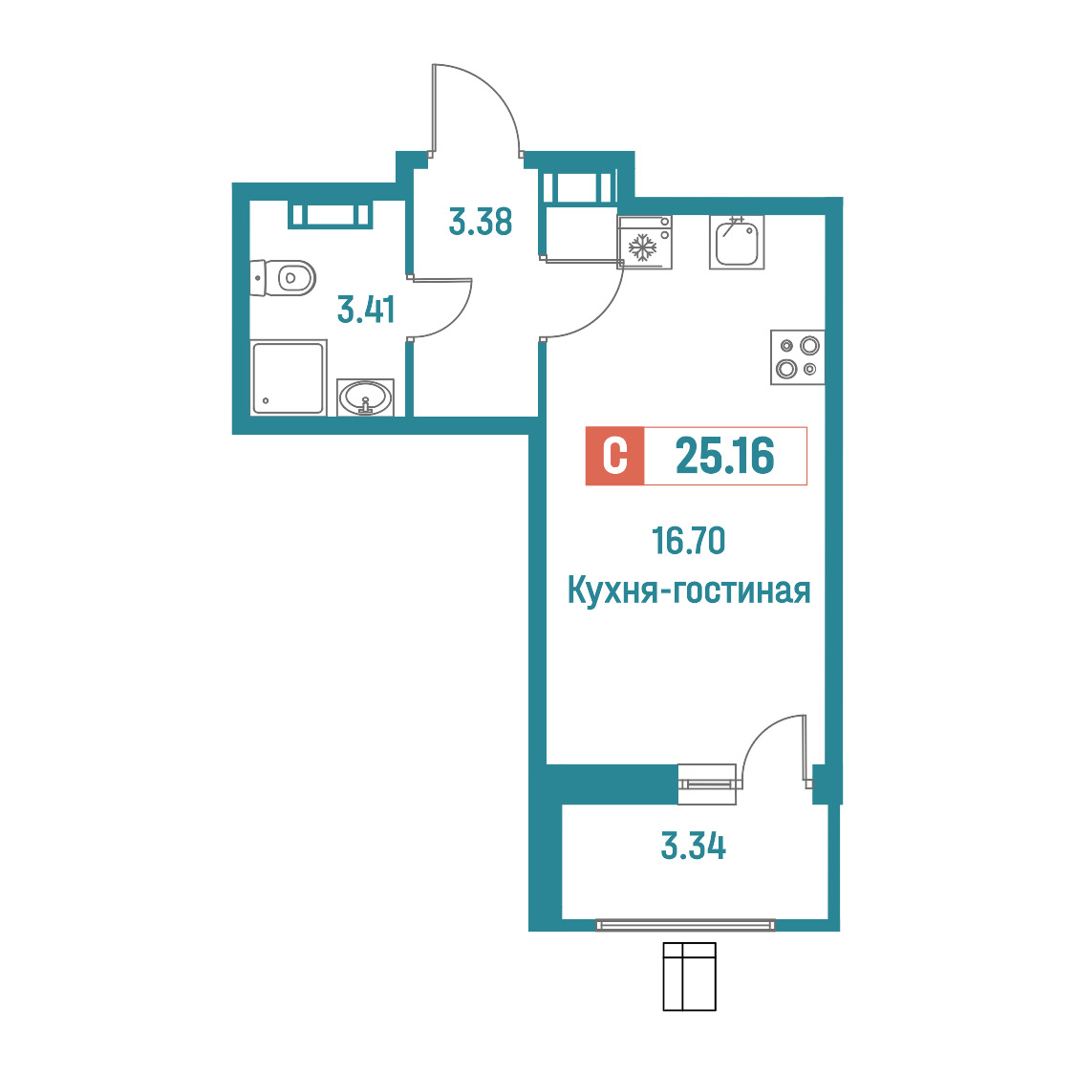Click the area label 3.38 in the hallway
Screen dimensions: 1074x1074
pos(481,222)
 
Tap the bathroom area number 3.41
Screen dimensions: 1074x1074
pos(366,310)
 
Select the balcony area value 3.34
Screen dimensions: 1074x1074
pos(693,846)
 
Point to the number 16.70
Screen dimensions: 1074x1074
pos(688,541)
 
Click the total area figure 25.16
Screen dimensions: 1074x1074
pos(724,456)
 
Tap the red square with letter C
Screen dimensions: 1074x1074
pos(614,456)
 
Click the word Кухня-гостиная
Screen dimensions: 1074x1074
pos(689,590)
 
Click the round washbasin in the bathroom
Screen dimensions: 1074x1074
pos(366,397)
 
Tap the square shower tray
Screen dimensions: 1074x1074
pos(288,378)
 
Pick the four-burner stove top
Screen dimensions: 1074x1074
pos(797,356)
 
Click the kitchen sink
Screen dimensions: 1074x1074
pos(737,243)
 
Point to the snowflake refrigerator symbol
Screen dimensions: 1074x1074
pos(642,247)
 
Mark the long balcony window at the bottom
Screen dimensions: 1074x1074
pos(686,925)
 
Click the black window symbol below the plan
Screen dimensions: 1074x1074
pos(689,976)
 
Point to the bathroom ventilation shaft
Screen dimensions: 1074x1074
pos(330,216)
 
